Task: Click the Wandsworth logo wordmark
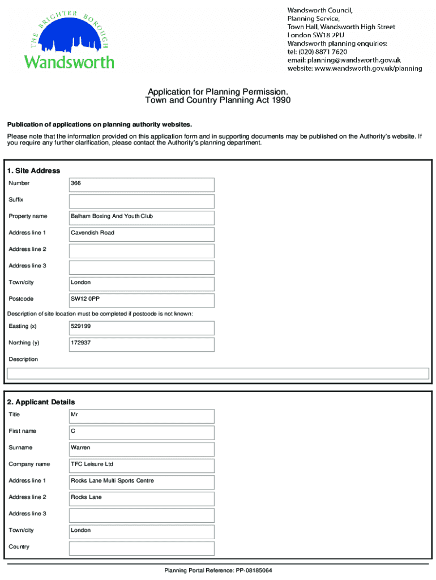69,61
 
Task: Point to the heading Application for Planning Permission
218,92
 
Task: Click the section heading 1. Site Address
33,170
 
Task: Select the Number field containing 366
142,184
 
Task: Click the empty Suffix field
142,201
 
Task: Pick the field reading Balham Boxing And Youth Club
142,217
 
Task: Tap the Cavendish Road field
142,233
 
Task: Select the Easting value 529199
142,327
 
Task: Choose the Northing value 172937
142,343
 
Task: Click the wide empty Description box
217,373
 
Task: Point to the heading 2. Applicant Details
41,402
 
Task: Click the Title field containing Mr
142,415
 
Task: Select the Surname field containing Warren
142,448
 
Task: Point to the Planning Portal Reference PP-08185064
218,570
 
